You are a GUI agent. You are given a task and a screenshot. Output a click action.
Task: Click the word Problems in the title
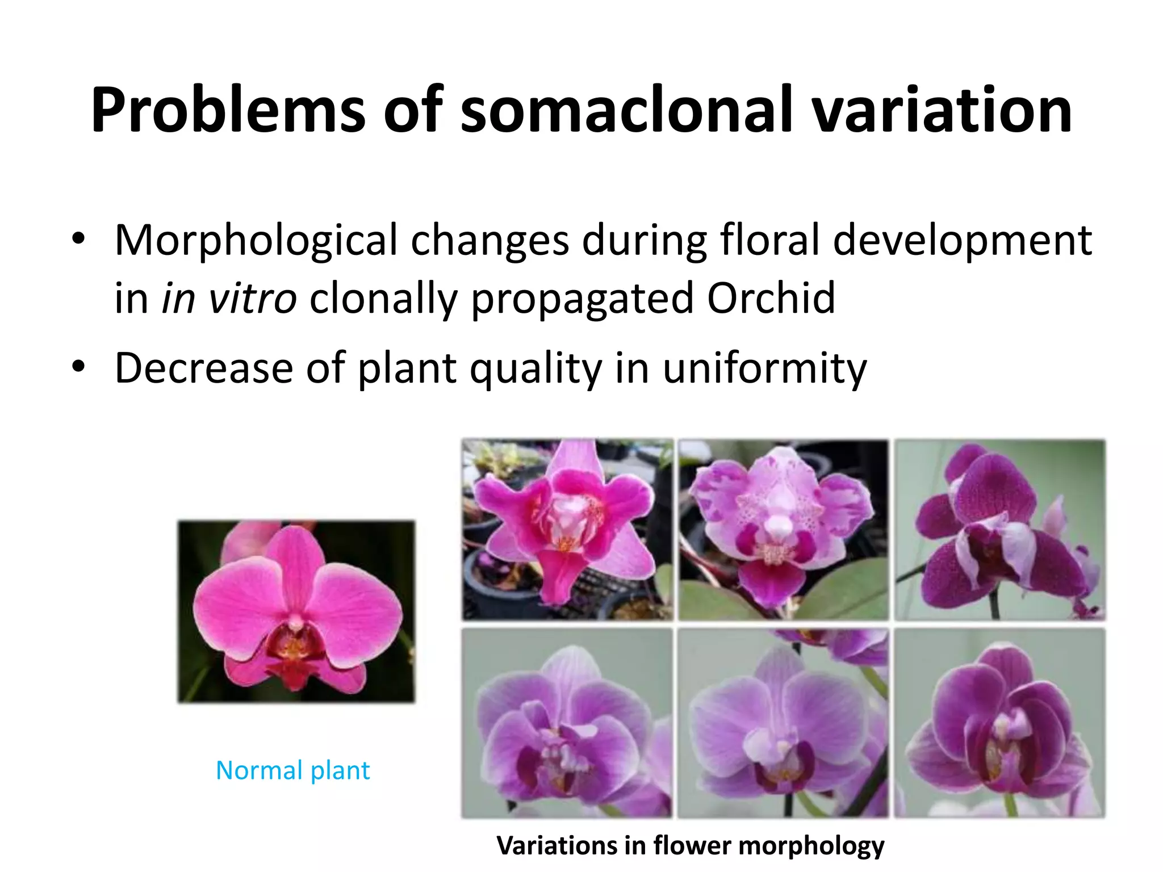(227, 111)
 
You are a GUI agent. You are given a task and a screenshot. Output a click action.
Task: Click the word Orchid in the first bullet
(771, 298)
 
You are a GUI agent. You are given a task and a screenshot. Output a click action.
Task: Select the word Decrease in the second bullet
(203, 368)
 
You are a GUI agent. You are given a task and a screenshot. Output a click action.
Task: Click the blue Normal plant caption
(292, 770)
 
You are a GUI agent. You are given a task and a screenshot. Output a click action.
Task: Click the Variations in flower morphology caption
(690, 845)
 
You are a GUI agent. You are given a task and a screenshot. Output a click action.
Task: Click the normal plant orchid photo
(296, 611)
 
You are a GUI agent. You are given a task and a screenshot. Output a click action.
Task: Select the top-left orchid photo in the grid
(567, 529)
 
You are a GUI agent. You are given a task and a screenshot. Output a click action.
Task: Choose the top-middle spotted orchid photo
(783, 529)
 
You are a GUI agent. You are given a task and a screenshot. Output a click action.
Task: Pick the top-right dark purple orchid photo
(1000, 529)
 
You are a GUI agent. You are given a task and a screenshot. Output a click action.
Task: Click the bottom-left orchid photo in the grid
(567, 722)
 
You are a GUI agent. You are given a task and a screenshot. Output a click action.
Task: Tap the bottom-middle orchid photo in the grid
(783, 722)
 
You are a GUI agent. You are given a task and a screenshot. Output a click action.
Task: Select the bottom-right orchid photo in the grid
(1000, 722)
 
